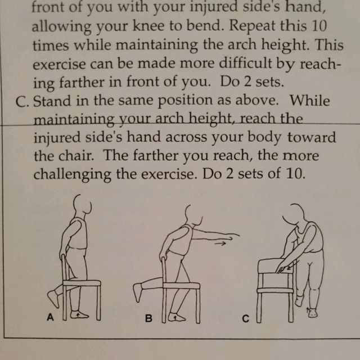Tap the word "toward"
coord(313,138)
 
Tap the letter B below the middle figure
coord(148,318)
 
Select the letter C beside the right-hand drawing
coord(246,319)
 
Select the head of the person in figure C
coord(297,213)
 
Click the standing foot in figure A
coord(80,314)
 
